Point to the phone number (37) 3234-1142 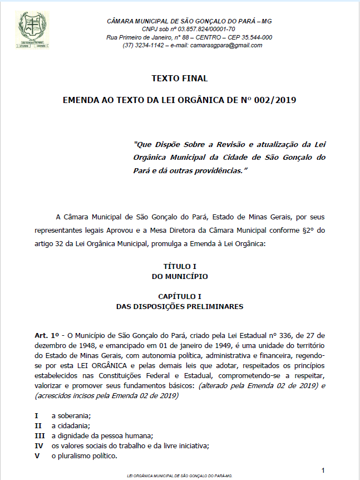click(x=143, y=45)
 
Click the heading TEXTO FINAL click(x=180, y=79)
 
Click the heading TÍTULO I click(x=180, y=267)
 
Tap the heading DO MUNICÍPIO click(x=180, y=276)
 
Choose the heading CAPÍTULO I click(x=180, y=297)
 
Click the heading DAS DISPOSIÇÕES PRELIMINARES click(x=180, y=306)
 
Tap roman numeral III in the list click(x=40, y=435)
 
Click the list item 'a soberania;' click(x=71, y=415)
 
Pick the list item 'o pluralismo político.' click(x=84, y=455)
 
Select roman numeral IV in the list click(x=40, y=445)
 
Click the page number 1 click(x=323, y=470)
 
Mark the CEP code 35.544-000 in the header click(x=253, y=37)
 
